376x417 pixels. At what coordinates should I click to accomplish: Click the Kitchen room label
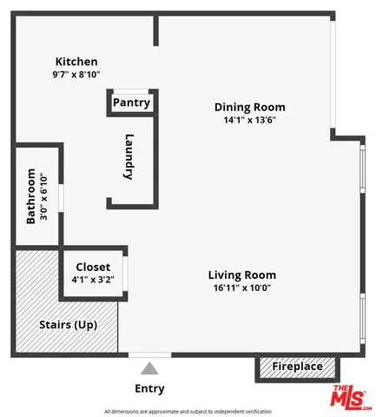tap(76, 62)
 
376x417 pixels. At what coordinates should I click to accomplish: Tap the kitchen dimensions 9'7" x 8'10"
tap(76, 75)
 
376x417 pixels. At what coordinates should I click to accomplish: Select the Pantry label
tap(131, 103)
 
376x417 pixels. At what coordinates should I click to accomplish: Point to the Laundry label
tap(129, 156)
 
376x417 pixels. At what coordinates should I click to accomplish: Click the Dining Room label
tap(249, 108)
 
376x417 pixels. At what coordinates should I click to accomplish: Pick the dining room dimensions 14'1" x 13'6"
tap(249, 121)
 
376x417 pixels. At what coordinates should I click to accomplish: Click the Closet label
tap(93, 267)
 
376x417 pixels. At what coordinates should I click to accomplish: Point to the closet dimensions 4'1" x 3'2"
tap(93, 280)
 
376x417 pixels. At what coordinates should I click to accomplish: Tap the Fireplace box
tap(297, 367)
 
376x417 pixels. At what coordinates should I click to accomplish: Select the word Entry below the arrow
tap(149, 388)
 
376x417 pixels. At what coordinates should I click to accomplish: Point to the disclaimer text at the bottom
tap(188, 411)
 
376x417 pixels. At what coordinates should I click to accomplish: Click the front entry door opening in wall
tap(149, 354)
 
